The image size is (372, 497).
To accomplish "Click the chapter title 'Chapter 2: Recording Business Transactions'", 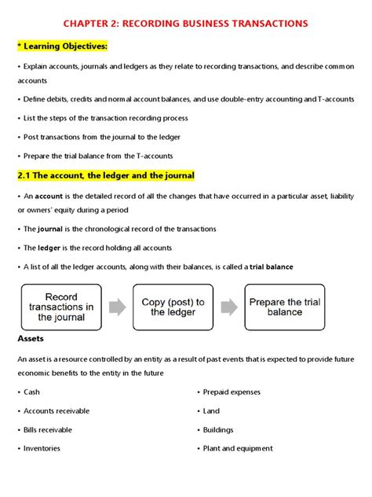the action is point(185,24).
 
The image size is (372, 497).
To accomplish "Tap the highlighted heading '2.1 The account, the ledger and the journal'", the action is point(105,175).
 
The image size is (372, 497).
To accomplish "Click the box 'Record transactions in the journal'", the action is point(61,307).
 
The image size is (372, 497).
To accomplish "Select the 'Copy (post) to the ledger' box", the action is point(173,307).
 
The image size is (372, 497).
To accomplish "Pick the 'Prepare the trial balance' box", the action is point(284,307).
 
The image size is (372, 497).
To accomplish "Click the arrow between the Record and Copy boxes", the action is point(117,307).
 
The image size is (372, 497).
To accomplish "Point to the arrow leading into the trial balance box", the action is point(228,307).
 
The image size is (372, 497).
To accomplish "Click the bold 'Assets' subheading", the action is point(31,338).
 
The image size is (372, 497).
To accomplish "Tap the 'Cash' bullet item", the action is point(32,392).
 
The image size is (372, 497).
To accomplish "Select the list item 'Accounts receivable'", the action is point(57,410).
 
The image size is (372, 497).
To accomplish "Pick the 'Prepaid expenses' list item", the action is point(232,392).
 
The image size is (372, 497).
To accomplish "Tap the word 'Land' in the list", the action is point(211,410).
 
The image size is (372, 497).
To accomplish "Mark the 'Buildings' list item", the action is point(218,429).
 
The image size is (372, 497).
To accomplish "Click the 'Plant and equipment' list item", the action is point(238,448).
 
